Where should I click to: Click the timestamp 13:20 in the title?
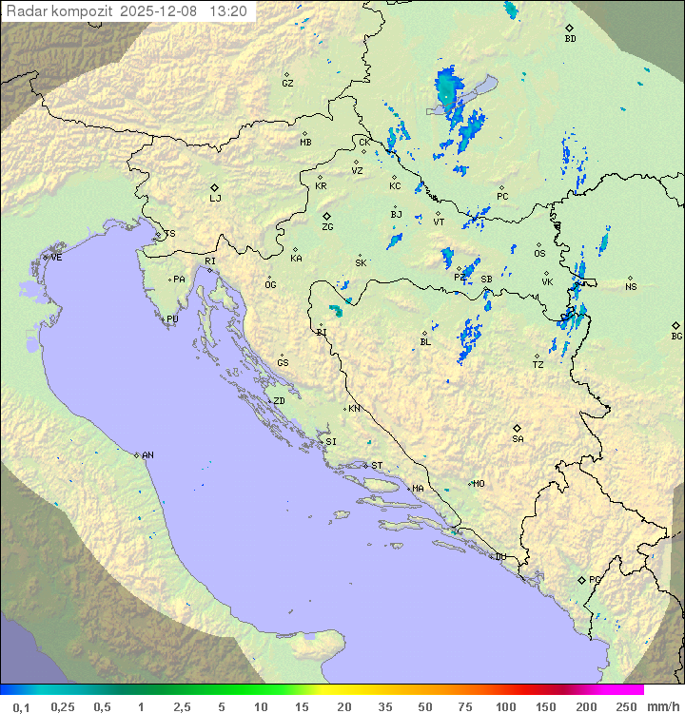click(x=228, y=11)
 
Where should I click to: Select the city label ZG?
click(x=327, y=227)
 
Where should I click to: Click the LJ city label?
click(x=215, y=199)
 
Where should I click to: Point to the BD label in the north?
click(x=570, y=39)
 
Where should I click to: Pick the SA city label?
click(x=518, y=438)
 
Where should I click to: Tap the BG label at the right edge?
click(x=676, y=336)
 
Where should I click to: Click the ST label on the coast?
click(x=377, y=466)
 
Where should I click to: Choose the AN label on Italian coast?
click(x=147, y=455)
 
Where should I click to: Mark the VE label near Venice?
click(x=56, y=258)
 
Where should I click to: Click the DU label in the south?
click(x=499, y=557)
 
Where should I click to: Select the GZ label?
click(x=287, y=84)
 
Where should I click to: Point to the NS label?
click(x=631, y=287)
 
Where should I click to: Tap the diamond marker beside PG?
click(x=581, y=579)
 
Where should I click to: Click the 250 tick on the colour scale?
click(x=626, y=706)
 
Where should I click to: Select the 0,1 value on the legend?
click(x=21, y=706)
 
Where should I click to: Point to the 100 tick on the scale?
click(x=506, y=706)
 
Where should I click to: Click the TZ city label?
click(x=538, y=365)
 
